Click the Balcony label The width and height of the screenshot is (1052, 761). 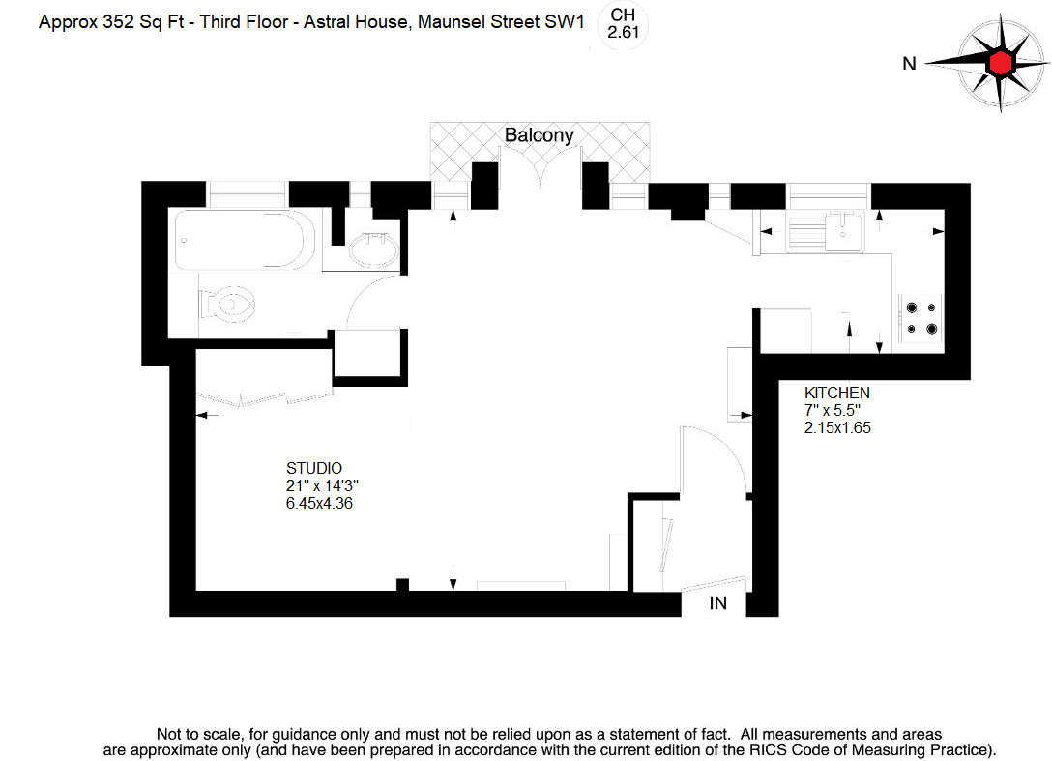540,135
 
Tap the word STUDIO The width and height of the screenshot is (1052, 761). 314,468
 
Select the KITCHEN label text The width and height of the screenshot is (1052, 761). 837,393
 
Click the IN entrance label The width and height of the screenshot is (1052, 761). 718,604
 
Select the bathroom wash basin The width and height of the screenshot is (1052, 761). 373,252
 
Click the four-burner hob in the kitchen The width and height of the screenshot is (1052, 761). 920,318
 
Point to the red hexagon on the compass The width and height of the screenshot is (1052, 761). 1000,63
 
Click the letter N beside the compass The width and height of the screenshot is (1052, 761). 908,64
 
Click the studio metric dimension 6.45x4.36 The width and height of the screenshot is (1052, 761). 318,503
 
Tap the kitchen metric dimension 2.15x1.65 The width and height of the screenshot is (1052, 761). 838,427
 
